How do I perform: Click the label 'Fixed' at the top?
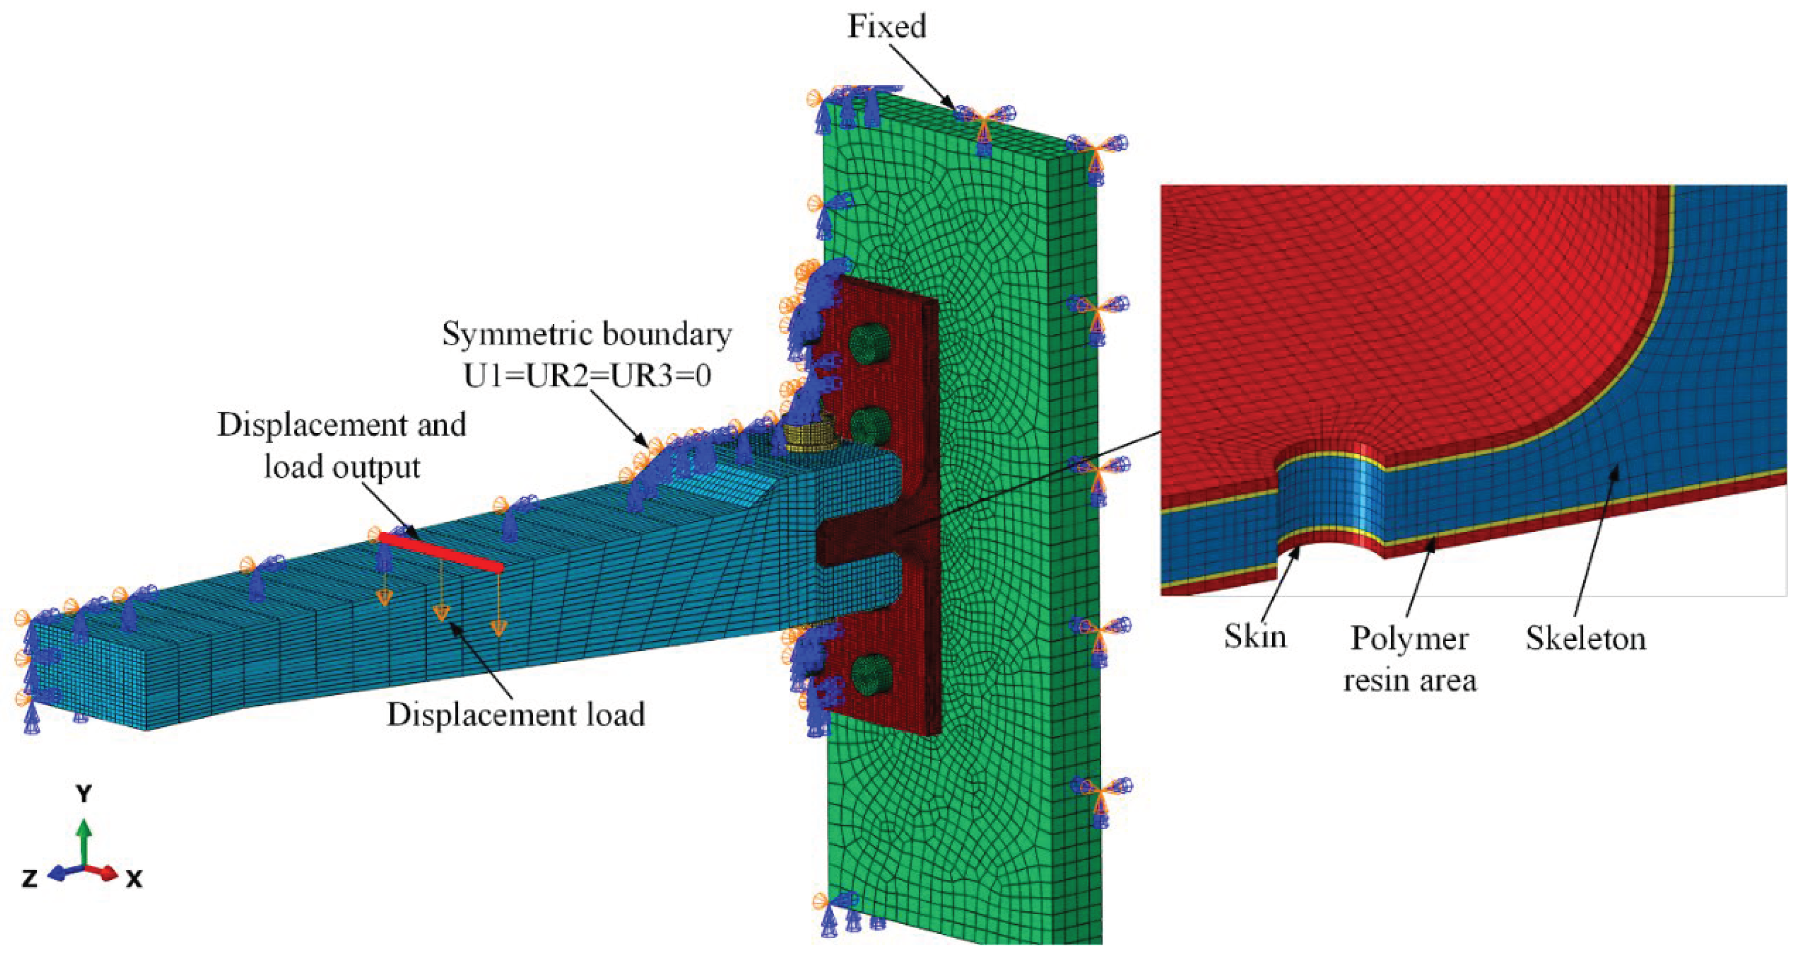tap(887, 27)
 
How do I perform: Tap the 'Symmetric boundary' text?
tap(587, 334)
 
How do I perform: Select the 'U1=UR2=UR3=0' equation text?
tap(587, 375)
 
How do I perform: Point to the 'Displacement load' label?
tap(516, 715)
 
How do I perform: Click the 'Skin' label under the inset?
tap(1256, 637)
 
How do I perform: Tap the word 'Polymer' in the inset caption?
tap(1409, 639)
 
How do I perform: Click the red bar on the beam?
tap(441, 552)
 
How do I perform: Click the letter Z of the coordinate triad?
tap(30, 878)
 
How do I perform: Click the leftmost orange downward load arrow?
tap(383, 598)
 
